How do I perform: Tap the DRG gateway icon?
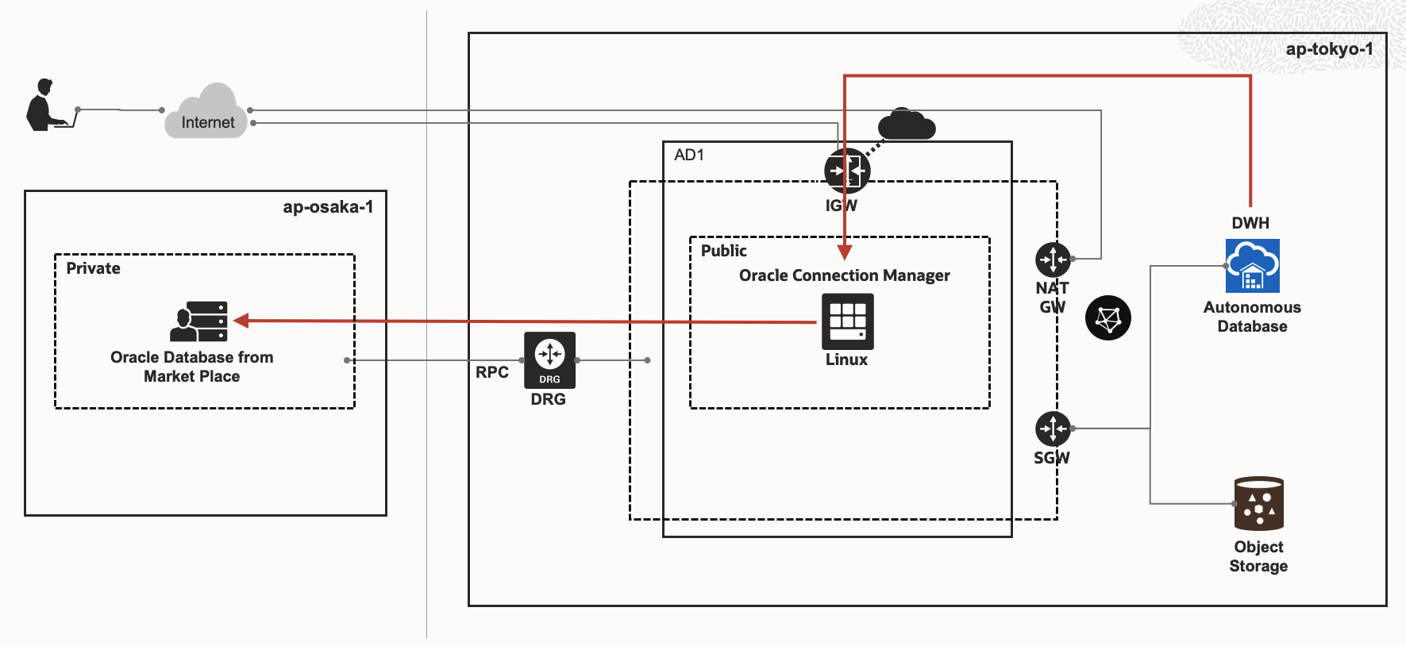coord(549,360)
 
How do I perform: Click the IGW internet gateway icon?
coord(846,170)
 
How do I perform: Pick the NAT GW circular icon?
coord(1053,259)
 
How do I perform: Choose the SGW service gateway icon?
coord(1053,429)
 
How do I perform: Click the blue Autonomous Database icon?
coord(1252,266)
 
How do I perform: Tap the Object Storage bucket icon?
coord(1258,503)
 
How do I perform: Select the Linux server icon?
coord(847,321)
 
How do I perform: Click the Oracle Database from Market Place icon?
coord(199,321)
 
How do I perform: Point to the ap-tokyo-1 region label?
coord(1329,49)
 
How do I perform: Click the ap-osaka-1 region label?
coord(328,207)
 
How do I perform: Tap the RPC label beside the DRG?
coord(491,372)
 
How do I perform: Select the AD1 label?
coord(688,155)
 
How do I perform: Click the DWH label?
coord(1250,223)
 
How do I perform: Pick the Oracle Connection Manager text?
coord(844,275)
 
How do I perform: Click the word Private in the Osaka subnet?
coord(93,268)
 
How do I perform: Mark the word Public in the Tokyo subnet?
coord(723,251)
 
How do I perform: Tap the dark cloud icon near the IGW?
coord(906,125)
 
